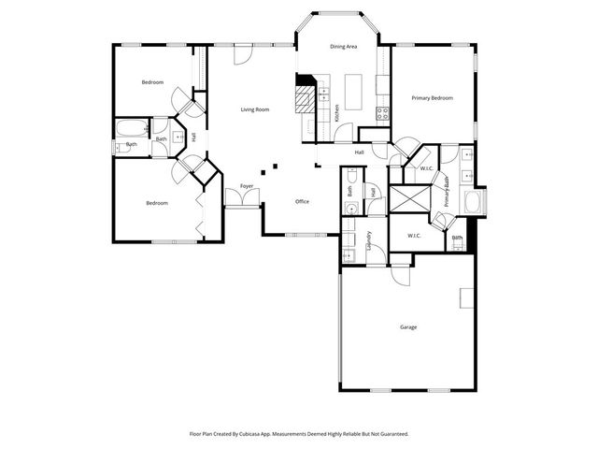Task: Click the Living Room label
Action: [255, 109]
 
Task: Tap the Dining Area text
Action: [344, 46]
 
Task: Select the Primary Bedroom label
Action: [433, 97]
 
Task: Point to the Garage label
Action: [408, 326]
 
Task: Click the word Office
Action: [302, 201]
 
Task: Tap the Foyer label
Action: [247, 186]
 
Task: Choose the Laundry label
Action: [369, 242]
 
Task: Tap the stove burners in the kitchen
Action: [381, 113]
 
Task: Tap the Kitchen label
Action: [336, 114]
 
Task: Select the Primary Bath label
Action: [448, 191]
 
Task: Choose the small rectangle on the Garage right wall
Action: [464, 297]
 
